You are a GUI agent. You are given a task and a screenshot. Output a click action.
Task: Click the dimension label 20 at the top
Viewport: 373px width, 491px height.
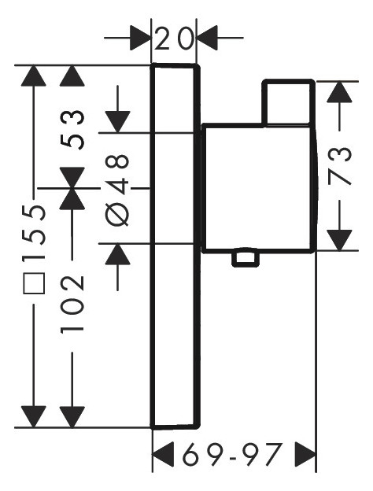click(x=174, y=38)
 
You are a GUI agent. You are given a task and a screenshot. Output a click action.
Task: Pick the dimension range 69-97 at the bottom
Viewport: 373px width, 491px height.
click(x=233, y=454)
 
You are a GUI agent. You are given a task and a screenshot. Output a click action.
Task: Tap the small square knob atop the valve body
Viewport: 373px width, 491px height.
click(x=289, y=102)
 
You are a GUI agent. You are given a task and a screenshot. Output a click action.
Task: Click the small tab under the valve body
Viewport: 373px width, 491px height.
click(x=246, y=258)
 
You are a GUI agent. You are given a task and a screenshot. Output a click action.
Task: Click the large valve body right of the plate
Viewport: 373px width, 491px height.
click(x=259, y=187)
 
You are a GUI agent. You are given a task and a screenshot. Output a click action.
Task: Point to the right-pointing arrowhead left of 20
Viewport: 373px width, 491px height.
click(x=141, y=37)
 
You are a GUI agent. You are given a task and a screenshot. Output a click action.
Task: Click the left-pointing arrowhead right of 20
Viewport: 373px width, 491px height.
click(x=207, y=37)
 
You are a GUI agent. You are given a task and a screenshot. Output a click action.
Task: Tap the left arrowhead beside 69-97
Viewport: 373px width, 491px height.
click(x=162, y=454)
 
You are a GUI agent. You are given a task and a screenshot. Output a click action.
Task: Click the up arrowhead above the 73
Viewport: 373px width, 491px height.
click(x=338, y=92)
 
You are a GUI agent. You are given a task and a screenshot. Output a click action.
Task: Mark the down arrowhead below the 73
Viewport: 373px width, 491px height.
click(x=338, y=238)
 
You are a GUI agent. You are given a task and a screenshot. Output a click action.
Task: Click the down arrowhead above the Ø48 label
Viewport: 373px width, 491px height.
click(x=118, y=121)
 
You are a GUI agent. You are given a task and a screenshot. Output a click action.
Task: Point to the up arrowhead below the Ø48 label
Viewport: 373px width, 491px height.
click(x=118, y=254)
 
